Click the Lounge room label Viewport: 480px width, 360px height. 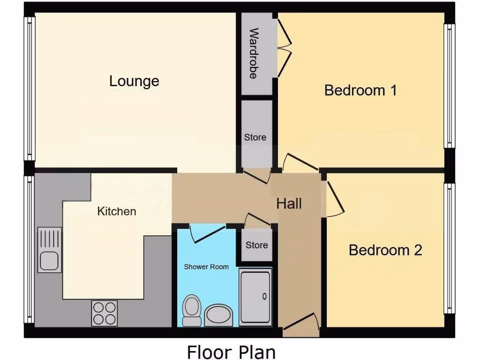point(134,81)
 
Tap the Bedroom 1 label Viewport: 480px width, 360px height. point(360,90)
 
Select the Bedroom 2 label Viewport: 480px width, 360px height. point(385,250)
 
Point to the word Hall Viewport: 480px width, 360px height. point(289,203)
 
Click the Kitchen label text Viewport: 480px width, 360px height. point(116,211)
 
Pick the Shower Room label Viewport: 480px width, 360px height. point(206,267)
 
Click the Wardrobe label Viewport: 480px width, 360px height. point(254,53)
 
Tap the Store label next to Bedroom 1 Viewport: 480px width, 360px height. point(255,137)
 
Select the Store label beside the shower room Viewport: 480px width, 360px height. point(257,245)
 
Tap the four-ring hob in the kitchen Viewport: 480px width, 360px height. point(105,313)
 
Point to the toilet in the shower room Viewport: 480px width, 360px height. point(191,310)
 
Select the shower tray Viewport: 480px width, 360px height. point(255,297)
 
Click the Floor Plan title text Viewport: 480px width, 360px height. point(231,352)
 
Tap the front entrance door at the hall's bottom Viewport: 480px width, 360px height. point(300,324)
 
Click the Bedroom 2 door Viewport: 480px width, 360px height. point(334,199)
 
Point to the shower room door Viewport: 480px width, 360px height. point(208,233)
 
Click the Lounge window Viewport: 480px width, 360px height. point(30,89)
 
